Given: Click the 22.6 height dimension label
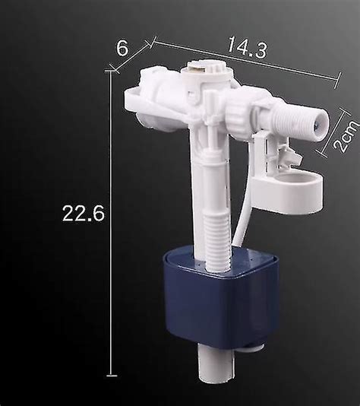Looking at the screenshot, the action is pos(84,213).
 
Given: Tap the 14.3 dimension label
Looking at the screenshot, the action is pos(248,47).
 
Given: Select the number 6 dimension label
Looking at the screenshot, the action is pos(122,48).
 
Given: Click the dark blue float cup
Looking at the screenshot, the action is pos(220,299).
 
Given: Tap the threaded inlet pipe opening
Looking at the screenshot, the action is pos(321,124).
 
